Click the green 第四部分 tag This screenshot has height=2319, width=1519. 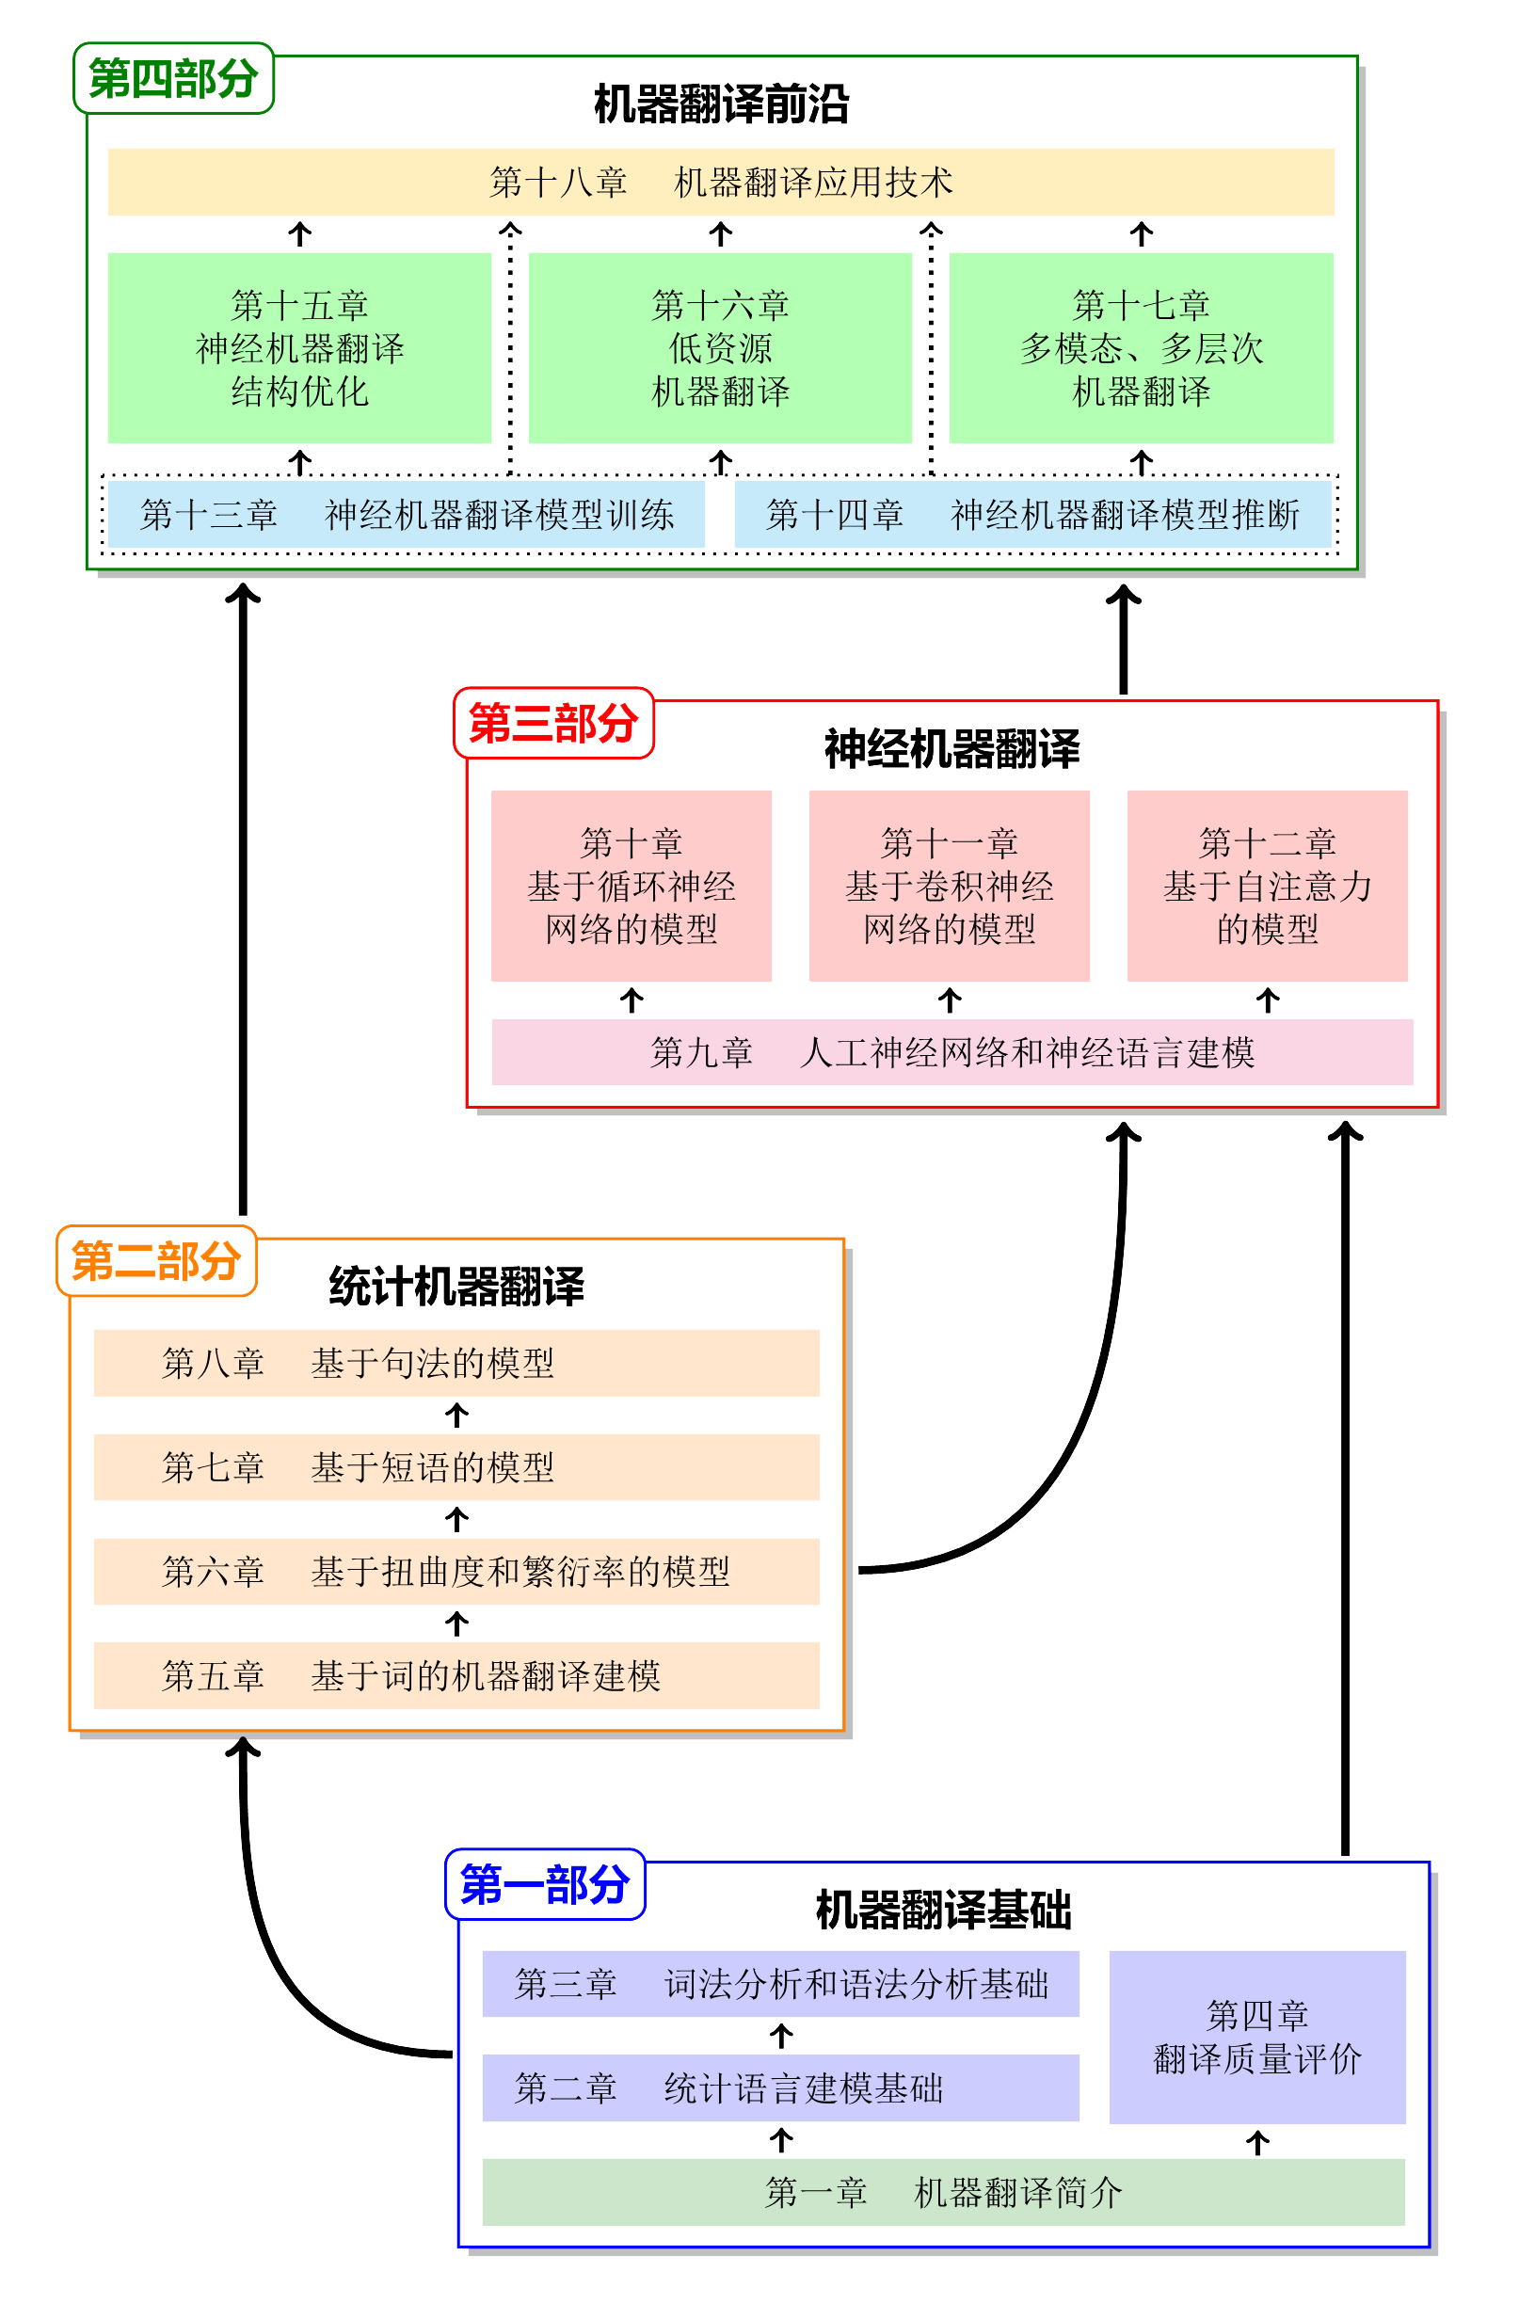coord(172,79)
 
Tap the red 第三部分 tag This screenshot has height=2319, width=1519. coord(552,723)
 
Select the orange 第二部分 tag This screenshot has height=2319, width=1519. coord(156,1261)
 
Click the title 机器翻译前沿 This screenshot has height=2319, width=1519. coord(721,104)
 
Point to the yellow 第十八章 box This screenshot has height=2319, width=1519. coord(720,183)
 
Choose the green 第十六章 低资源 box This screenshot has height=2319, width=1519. coord(720,348)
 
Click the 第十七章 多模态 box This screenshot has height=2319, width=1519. coord(1141,348)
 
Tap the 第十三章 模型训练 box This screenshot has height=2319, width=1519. coord(407,515)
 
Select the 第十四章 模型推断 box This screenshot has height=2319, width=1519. coord(1032,515)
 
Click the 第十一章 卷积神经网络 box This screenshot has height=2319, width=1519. coord(949,886)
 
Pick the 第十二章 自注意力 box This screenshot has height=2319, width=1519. coord(1267,886)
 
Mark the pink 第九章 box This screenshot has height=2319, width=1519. coord(951,1052)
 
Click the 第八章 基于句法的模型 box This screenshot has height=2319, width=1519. coord(456,1363)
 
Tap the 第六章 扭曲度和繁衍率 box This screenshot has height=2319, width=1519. coord(456,1572)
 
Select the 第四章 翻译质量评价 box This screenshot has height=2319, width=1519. coord(1257,2037)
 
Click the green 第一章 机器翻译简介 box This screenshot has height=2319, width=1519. coord(943,2192)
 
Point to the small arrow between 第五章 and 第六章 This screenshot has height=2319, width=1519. coord(457,1623)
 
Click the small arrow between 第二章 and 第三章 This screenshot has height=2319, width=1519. coord(780,2036)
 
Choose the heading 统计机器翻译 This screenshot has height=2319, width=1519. coord(456,1287)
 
